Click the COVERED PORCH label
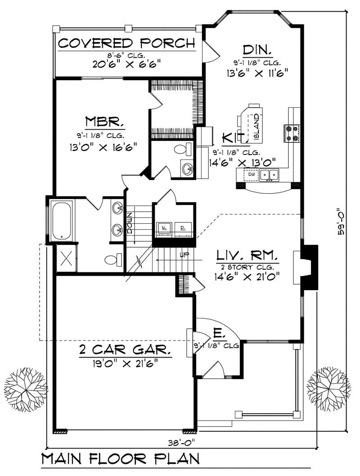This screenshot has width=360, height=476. pos(127,43)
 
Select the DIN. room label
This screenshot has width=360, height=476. pos(255,49)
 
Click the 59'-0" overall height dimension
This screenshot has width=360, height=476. pos(342,221)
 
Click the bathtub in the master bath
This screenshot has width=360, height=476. pos(62,221)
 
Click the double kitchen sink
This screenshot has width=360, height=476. pos(270,174)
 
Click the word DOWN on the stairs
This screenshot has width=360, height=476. pos(130,222)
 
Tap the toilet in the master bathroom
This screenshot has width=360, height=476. pos(112,260)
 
